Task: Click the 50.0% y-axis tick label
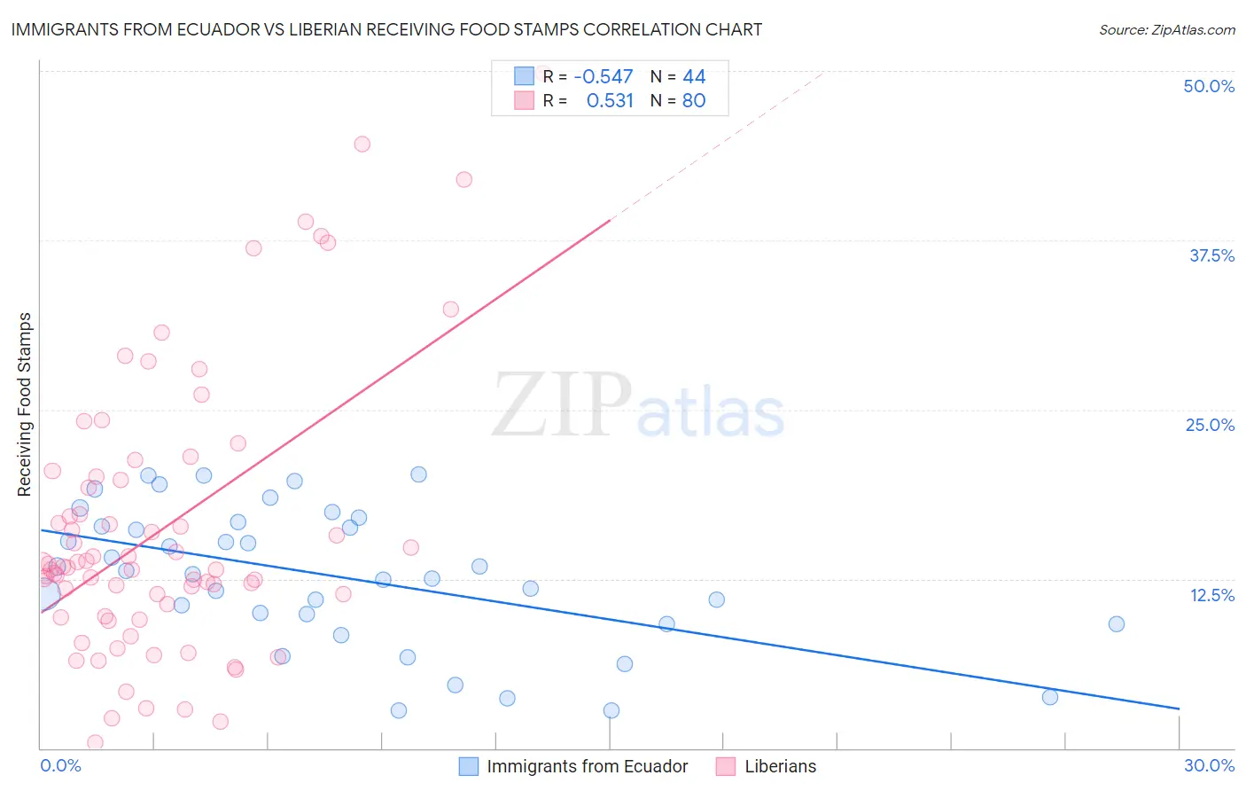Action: (x=1208, y=86)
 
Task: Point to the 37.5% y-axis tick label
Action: (x=1211, y=255)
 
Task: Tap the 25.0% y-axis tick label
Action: (x=1210, y=425)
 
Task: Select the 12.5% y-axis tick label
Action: (x=1211, y=594)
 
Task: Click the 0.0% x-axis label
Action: (x=60, y=765)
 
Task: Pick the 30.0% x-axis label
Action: (x=1209, y=765)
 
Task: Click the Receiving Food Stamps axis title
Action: (x=24, y=404)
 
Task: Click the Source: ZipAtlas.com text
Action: (x=1166, y=29)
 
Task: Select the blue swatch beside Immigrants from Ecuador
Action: (x=469, y=766)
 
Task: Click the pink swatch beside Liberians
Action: (x=726, y=766)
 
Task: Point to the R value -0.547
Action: (x=604, y=77)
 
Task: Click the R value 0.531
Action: (x=610, y=100)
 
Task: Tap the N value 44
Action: (x=694, y=77)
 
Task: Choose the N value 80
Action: (x=694, y=100)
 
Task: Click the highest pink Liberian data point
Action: (x=362, y=144)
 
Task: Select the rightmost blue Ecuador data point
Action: (x=1117, y=623)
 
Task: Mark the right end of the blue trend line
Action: (x=1179, y=709)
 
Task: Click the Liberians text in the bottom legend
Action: (x=780, y=766)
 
